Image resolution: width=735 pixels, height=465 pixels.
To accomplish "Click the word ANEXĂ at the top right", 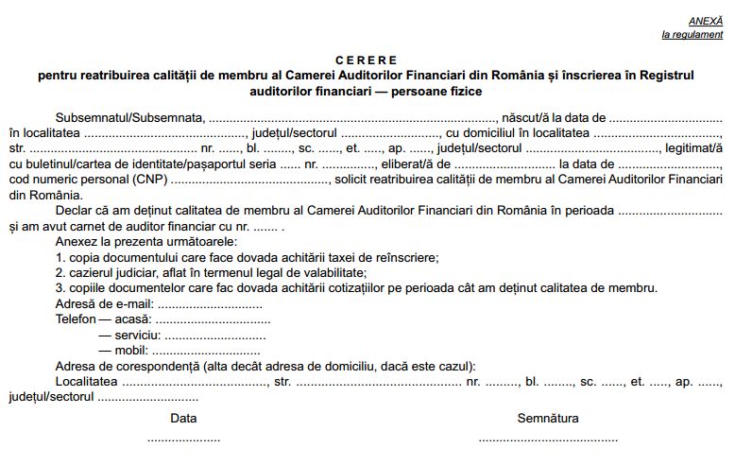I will coord(705,20).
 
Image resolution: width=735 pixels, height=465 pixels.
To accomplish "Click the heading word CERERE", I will coord(367,60).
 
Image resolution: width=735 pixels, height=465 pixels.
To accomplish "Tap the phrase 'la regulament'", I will coord(692,35).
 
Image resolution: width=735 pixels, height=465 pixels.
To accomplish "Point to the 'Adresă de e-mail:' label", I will coord(104,304).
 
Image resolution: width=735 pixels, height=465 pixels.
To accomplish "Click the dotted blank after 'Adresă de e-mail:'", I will coord(209,305).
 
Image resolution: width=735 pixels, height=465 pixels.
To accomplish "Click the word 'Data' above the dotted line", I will coord(183,418).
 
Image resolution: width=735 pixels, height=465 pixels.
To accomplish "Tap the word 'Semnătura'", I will coord(548,418).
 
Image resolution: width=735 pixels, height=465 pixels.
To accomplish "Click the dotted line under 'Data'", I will coord(183,439).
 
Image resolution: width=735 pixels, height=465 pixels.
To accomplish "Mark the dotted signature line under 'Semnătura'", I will coord(548,439).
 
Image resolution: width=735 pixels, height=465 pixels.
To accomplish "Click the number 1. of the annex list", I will coord(60,257).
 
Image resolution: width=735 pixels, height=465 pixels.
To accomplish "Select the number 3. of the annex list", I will coord(60,288).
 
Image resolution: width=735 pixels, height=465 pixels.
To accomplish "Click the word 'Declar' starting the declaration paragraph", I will coord(74,210).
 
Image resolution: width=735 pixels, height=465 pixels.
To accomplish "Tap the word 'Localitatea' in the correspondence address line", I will coord(87,381).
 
